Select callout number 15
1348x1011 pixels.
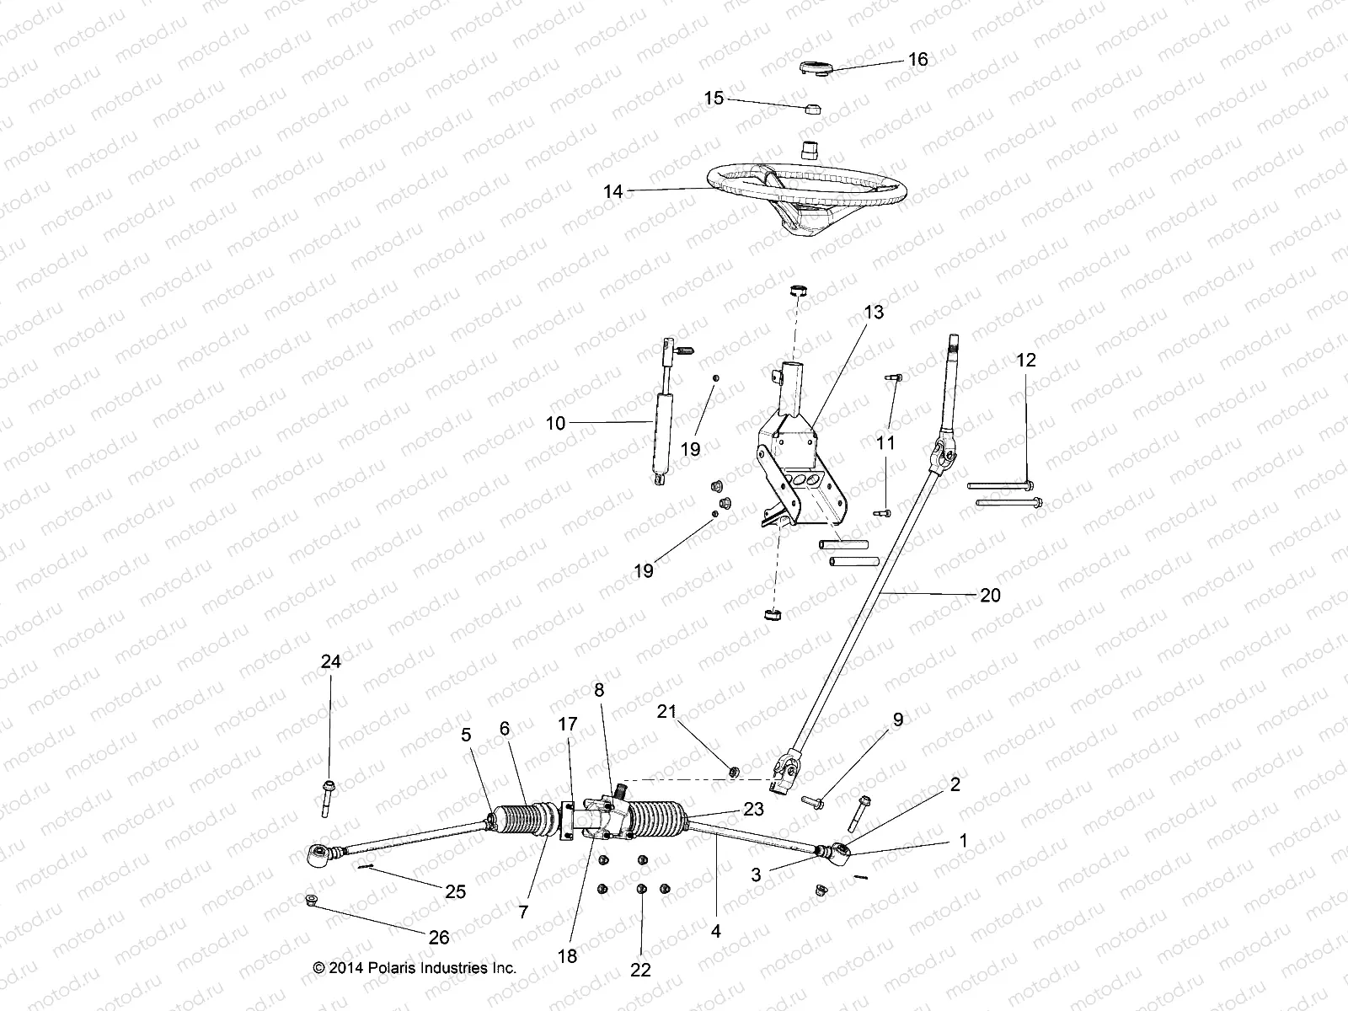click(714, 99)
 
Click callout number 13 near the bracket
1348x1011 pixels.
click(874, 313)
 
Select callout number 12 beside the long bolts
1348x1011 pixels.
click(1026, 361)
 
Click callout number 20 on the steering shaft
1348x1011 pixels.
click(990, 595)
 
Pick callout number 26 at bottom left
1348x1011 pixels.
click(439, 937)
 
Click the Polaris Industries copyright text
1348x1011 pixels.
click(415, 969)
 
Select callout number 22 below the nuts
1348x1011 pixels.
click(640, 970)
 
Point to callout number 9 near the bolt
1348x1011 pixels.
click(898, 719)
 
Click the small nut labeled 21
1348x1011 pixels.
click(733, 769)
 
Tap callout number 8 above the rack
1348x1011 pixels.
click(599, 690)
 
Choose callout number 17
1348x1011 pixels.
click(568, 724)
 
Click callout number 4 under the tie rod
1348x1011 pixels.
click(715, 933)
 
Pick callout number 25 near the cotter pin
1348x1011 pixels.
click(455, 891)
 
